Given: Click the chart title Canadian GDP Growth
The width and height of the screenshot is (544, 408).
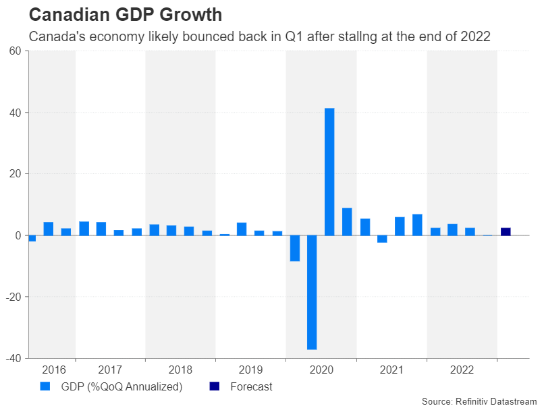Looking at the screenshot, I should point(126,14).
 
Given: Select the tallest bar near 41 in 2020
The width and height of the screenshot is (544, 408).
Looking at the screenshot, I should point(329,171).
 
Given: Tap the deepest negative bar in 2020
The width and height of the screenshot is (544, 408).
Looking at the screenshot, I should point(312,292).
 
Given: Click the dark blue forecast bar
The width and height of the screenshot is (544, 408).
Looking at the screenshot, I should point(506,231).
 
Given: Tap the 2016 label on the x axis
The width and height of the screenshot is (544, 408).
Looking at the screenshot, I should point(54,370).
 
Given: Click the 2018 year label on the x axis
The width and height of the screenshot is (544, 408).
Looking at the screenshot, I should point(180,370).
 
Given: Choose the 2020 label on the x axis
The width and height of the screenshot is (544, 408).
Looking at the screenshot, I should point(321,370).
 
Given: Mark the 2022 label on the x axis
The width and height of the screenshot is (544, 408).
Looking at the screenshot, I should point(462,370).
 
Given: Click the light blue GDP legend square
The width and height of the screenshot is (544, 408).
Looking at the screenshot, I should point(45,386).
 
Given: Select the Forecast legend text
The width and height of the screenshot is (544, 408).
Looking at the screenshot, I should point(251,387).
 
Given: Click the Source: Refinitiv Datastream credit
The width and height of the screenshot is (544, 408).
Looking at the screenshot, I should point(479,401).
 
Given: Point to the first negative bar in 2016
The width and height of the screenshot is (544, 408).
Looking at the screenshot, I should point(32,238).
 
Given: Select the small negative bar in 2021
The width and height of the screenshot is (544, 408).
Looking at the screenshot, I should point(382,239).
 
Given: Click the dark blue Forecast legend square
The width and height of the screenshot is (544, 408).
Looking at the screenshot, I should point(215,386).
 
